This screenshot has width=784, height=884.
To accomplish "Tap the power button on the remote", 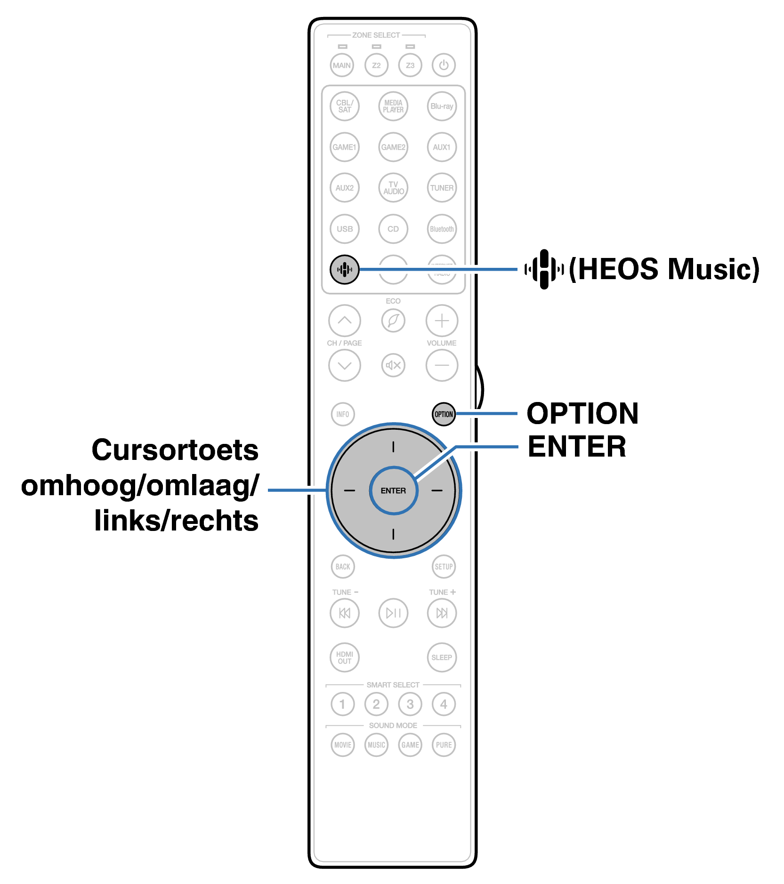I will click(444, 65).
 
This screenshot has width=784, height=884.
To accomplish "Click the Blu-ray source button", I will click(442, 106).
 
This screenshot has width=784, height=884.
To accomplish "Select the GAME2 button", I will click(393, 147).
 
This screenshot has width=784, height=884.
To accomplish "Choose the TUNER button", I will click(442, 188).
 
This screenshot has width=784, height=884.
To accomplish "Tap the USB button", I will click(345, 229).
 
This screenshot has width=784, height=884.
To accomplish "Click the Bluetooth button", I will click(442, 229).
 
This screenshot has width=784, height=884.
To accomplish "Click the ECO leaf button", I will click(393, 321).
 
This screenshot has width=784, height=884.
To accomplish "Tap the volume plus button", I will click(442, 321).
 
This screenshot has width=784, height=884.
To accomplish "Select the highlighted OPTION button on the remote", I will click(444, 414).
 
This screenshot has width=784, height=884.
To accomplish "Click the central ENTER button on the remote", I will click(393, 490).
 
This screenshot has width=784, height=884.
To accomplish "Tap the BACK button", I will click(343, 566).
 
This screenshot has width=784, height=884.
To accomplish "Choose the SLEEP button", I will click(442, 657).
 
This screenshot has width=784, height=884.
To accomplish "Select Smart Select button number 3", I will click(410, 704).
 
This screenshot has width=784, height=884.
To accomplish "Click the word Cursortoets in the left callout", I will click(175, 450).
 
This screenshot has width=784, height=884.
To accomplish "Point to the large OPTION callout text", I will click(582, 413).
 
